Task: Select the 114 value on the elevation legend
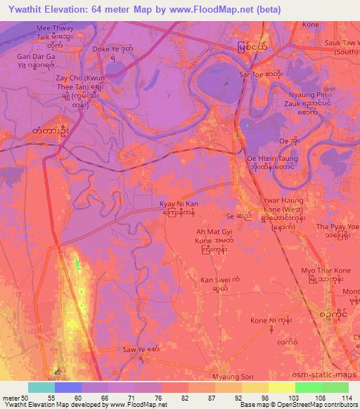pyautogui.click(x=345, y=398)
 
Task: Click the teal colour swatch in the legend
pyautogui.click(x=41, y=387)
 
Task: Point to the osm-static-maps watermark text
pyautogui.click(x=327, y=376)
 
